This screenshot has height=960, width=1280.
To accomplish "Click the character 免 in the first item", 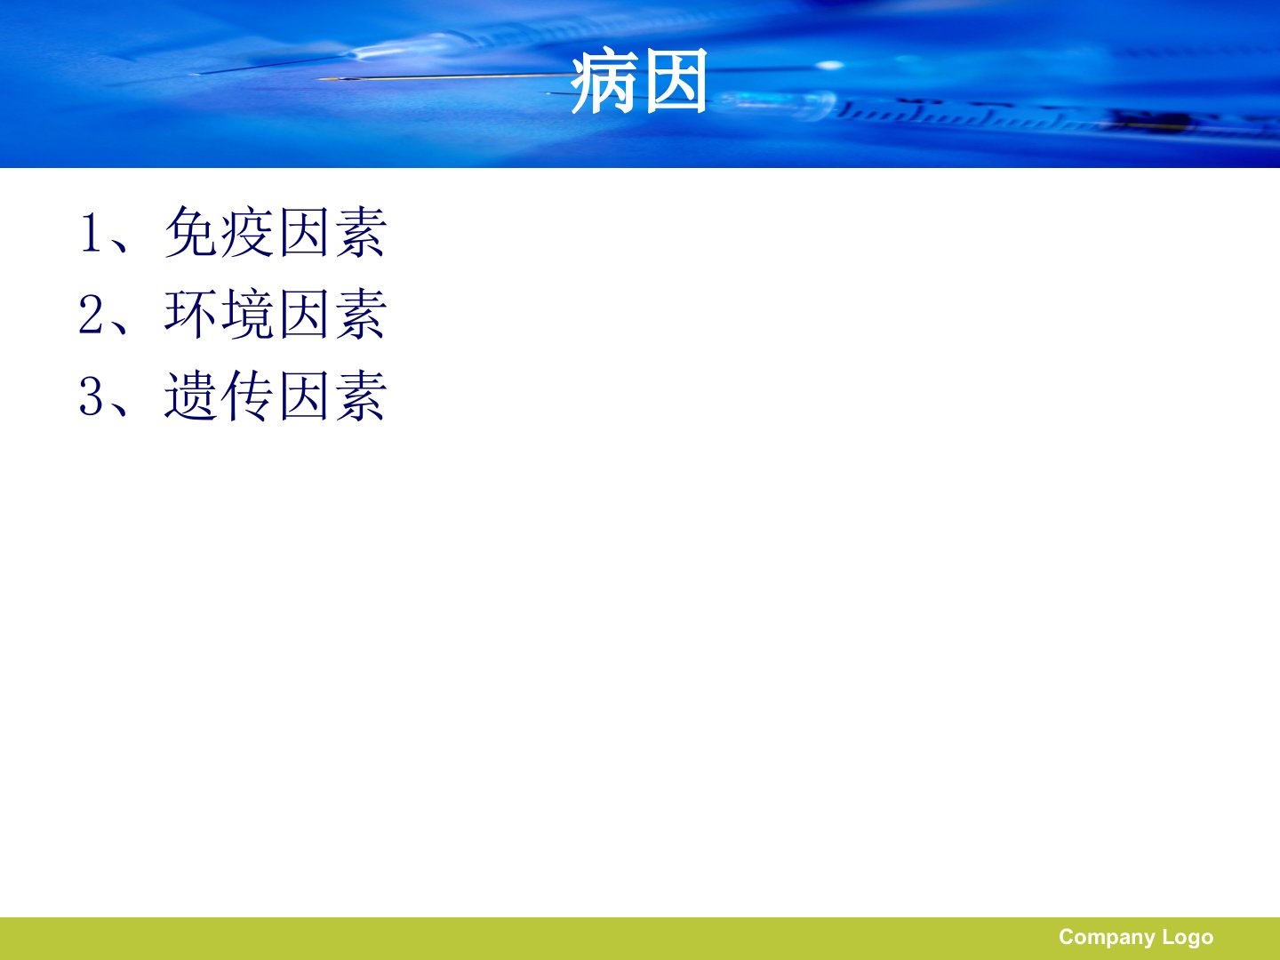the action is [191, 232].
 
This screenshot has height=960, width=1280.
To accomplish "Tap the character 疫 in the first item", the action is [247, 232].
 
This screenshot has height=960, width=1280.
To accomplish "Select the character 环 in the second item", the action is [190, 314].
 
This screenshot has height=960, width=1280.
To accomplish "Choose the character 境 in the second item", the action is [247, 314].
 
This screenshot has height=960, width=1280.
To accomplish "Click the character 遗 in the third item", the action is [190, 396].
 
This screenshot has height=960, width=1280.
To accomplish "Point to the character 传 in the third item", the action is [247, 396].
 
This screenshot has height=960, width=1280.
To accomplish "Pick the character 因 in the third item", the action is [304, 396].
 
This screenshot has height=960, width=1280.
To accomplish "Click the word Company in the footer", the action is [1107, 938].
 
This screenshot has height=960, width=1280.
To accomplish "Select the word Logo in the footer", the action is [1188, 938].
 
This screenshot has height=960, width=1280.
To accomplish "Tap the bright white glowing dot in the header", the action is [829, 65].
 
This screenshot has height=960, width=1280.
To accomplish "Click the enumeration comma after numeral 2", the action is [118, 328].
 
